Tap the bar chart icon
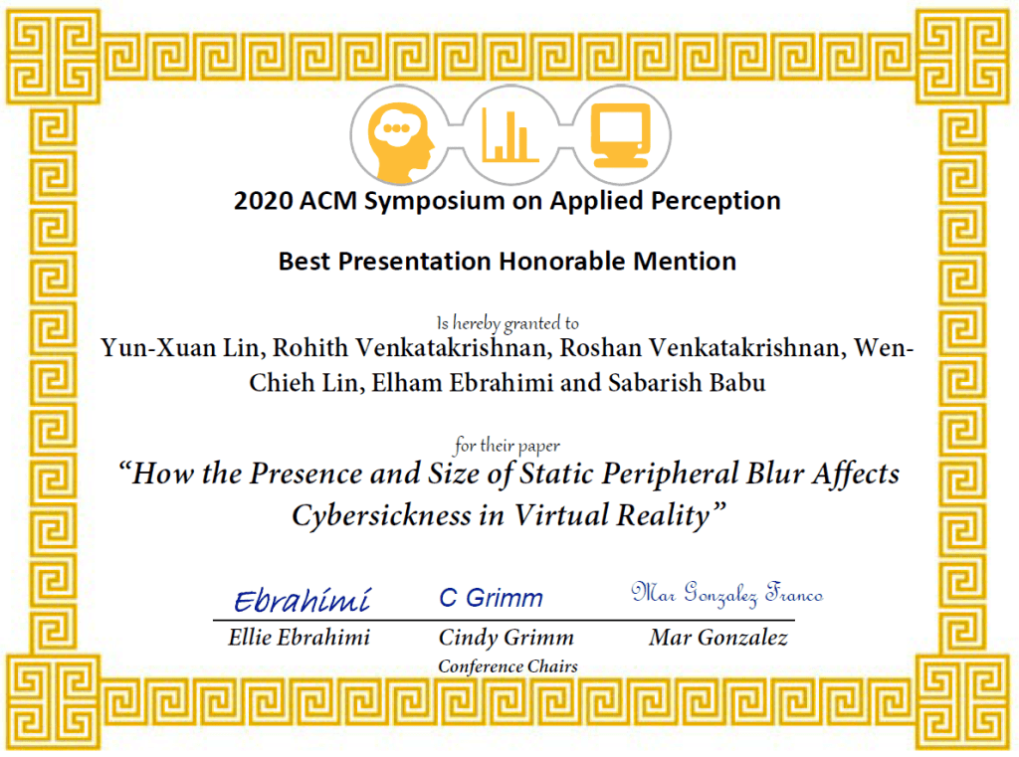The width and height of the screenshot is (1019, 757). coord(509,136)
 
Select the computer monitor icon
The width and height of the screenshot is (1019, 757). coord(621,135)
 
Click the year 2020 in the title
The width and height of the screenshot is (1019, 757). coord(263,201)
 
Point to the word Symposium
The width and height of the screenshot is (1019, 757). coord(434,202)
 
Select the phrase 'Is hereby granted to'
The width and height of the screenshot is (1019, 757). coord(508,323)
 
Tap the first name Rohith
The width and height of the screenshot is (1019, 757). coord(310,348)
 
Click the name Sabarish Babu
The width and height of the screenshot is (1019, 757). coord(687,383)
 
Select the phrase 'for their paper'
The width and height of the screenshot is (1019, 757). coord(507,446)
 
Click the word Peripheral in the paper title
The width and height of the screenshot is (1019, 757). coord(670,474)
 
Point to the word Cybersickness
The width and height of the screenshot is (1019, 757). coord(381,516)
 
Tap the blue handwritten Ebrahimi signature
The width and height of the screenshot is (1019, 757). coord(303,601)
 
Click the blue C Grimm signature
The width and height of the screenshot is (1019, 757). coord(492,598)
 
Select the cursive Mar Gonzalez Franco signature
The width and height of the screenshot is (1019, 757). coord(727,594)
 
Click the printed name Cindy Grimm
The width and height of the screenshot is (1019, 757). coord(507,638)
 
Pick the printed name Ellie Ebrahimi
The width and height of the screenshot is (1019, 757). coord(299,638)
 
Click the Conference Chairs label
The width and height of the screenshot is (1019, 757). coord(508,666)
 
